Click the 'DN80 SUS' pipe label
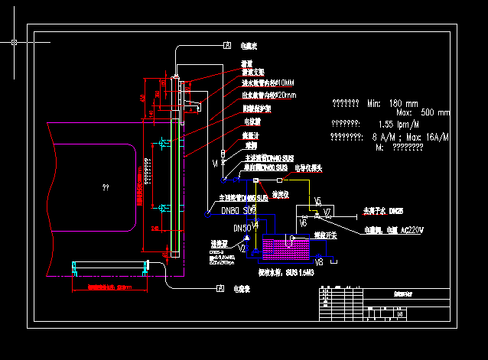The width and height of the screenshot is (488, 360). click(238, 209)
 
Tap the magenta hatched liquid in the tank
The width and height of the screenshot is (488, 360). click(287, 247)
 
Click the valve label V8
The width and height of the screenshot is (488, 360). click(319, 261)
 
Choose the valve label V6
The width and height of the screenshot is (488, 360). click(304, 223)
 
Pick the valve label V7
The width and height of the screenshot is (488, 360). click(327, 212)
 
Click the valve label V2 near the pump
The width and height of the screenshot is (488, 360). click(242, 248)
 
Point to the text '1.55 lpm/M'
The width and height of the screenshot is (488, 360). click(399, 124)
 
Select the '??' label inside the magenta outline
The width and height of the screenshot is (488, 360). click(105, 186)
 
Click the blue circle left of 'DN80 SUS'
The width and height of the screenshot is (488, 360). click(205, 215)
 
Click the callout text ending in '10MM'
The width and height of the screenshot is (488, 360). click(268, 83)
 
